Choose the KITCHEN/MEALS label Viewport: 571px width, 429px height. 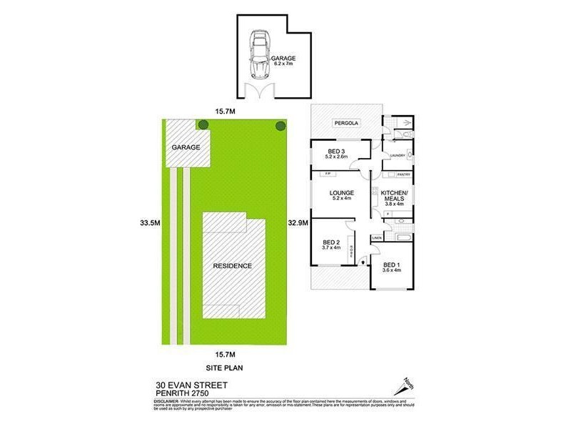pyautogui.click(x=394, y=198)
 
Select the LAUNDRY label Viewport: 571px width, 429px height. pyautogui.click(x=398, y=155)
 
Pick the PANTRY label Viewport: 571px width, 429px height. pyautogui.click(x=403, y=174)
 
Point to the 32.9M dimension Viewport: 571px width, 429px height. pyautogui.click(x=298, y=223)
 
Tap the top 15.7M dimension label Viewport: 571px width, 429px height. pyautogui.click(x=226, y=111)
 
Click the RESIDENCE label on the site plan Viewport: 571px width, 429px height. pyautogui.click(x=233, y=266)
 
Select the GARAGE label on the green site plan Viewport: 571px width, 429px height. pyautogui.click(x=186, y=147)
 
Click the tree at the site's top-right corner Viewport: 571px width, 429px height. pyautogui.click(x=281, y=126)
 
